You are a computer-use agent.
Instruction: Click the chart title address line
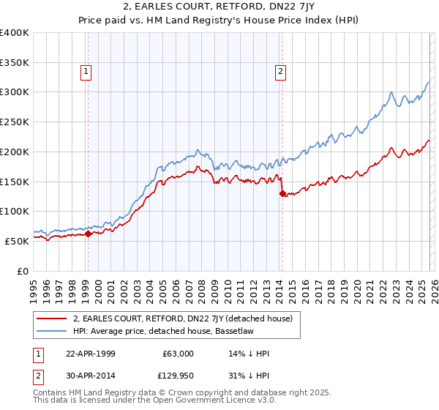(219, 8)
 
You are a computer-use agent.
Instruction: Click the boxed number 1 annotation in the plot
(86, 71)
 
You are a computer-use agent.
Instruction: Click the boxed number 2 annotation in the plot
(281, 71)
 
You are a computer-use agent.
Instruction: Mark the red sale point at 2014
(282, 194)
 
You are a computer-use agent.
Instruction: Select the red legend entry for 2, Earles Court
(182, 318)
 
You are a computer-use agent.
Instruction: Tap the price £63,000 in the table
(178, 354)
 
